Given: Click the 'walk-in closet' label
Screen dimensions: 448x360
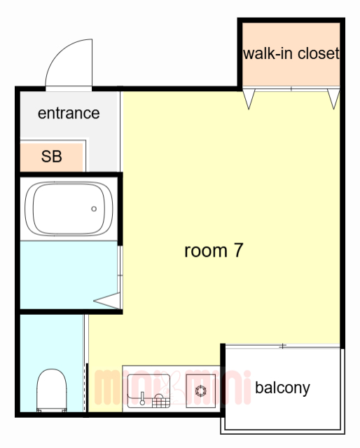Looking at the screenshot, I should click(291, 54).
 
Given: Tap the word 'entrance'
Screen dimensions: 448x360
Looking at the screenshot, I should click(69, 113).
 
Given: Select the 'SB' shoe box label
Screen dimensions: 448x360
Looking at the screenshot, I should click(51, 157).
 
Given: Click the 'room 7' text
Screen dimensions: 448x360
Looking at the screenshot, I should click(213, 250).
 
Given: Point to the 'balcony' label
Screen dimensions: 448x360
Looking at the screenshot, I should click(282, 388).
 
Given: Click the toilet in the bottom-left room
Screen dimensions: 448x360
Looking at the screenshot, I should click(51, 391).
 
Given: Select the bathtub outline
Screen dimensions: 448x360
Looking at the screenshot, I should click(69, 209).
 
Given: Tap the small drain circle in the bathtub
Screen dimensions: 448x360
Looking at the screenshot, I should click(94, 209).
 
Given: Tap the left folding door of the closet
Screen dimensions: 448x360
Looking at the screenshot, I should click(248, 99).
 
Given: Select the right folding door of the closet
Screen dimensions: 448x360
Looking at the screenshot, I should click(333, 99).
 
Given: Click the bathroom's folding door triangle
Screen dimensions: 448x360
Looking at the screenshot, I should click(109, 301).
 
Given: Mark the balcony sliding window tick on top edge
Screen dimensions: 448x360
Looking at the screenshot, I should click(282, 346).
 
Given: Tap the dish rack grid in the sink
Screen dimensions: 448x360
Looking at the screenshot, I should click(161, 401).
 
